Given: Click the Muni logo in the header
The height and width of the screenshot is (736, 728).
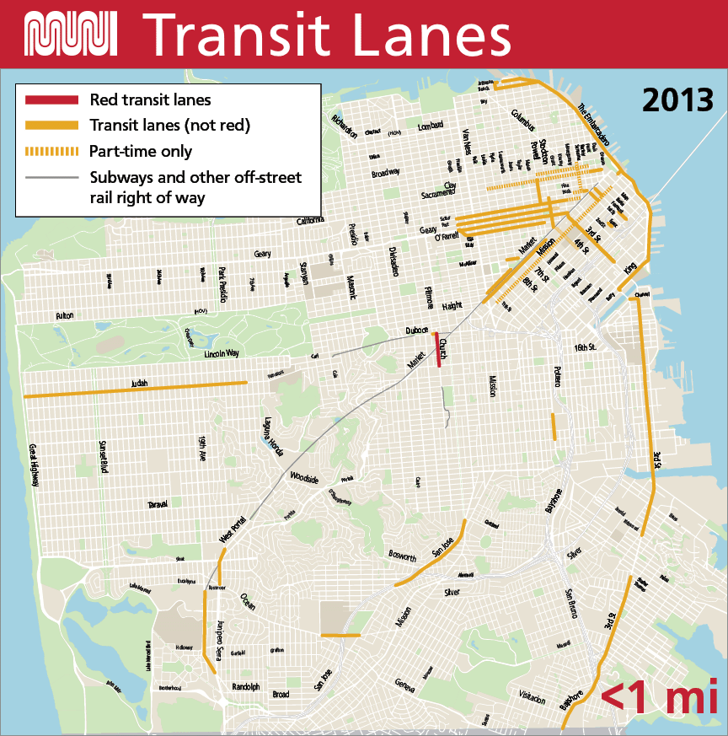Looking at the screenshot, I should pyautogui.click(x=71, y=33).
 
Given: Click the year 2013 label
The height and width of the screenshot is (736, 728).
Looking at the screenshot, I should pyautogui.click(x=677, y=99).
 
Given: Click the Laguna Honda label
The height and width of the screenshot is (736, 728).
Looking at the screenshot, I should pyautogui.click(x=270, y=435).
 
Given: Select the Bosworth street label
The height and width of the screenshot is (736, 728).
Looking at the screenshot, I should pyautogui.click(x=403, y=557).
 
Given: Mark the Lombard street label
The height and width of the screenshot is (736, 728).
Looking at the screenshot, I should pyautogui.click(x=430, y=126).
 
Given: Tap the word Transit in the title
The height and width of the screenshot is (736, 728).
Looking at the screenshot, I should pyautogui.click(x=244, y=34).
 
